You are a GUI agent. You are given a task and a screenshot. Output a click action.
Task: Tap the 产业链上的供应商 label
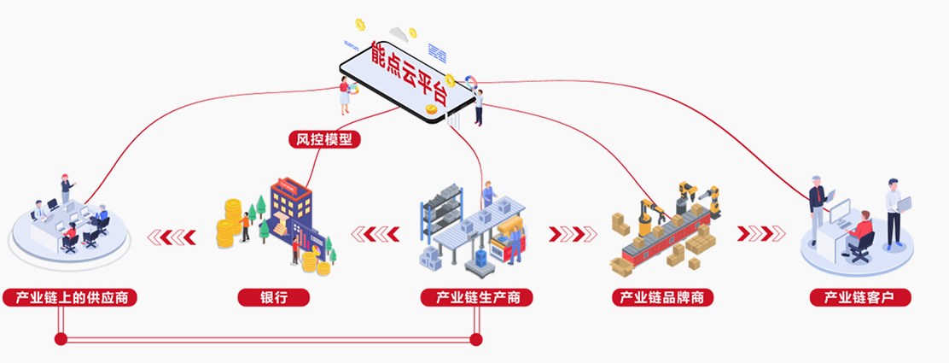point(71,298)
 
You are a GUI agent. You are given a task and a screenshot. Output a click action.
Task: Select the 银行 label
point(273,298)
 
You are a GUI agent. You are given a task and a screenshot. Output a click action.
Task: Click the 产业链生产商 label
point(477,298)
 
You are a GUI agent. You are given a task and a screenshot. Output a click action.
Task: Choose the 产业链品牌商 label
point(662,298)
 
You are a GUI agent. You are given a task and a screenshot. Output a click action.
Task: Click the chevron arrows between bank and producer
point(376,233)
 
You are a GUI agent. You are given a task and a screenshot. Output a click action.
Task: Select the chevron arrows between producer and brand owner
point(573,233)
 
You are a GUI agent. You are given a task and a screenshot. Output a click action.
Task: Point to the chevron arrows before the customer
point(761,233)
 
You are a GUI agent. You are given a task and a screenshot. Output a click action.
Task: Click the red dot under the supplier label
point(61,340)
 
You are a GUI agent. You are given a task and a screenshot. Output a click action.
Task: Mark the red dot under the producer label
point(476,340)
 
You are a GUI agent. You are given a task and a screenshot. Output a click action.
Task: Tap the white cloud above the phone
point(398,34)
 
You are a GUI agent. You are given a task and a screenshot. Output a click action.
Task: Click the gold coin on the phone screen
point(432,109)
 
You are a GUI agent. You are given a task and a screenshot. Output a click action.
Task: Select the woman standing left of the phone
point(345,96)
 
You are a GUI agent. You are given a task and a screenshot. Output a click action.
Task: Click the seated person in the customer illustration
point(860,234)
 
